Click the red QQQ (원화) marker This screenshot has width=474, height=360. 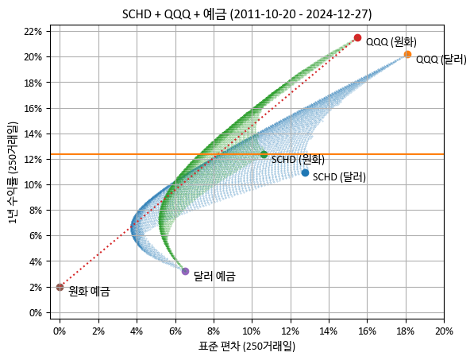click(x=357, y=37)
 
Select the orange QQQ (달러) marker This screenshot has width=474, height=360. click(x=407, y=55)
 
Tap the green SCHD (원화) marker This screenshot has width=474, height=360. click(x=264, y=154)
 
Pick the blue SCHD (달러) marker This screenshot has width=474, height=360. click(x=305, y=172)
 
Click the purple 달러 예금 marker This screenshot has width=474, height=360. click(x=185, y=271)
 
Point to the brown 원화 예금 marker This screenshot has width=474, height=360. click(x=60, y=287)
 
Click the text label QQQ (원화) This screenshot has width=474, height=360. click(x=391, y=42)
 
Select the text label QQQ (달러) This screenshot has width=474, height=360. click(x=441, y=60)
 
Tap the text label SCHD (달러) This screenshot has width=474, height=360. click(x=339, y=177)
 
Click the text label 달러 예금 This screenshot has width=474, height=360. click(x=214, y=277)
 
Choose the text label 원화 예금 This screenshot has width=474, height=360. click(x=89, y=292)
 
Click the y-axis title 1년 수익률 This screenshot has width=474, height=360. click(x=13, y=172)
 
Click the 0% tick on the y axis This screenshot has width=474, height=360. click(x=36, y=312)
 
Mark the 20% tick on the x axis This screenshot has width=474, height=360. click(x=444, y=331)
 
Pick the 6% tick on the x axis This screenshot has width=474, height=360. click(x=175, y=331)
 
